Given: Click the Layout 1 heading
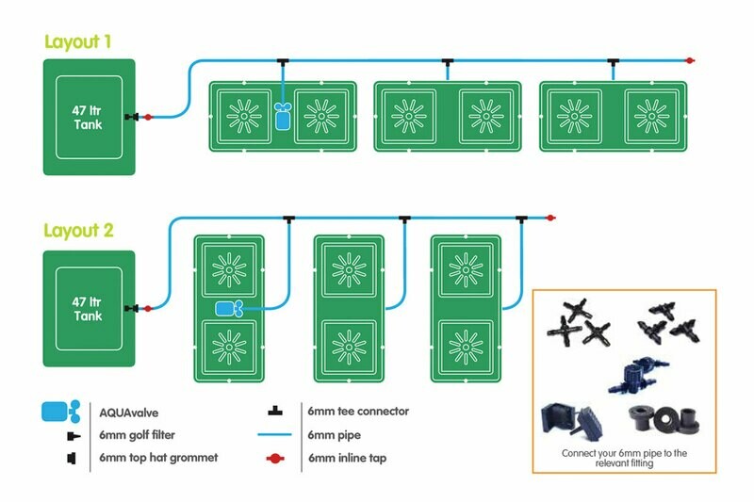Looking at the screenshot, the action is click(78, 41).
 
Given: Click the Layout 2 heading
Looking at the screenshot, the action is click(79, 231).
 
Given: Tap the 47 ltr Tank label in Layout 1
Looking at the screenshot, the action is click(87, 118).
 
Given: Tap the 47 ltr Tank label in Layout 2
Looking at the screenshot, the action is click(87, 309).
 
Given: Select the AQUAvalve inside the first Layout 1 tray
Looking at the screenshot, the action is click(283, 116).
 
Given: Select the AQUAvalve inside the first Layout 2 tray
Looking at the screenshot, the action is click(229, 309).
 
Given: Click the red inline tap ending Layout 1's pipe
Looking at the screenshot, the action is click(690, 60).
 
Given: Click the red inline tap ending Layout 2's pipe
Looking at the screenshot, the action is click(550, 219).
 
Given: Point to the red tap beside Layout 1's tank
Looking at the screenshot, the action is click(148, 117).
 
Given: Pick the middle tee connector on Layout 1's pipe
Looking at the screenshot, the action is click(448, 62).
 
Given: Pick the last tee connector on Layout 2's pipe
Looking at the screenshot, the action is click(521, 219).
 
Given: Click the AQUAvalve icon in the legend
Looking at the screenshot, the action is click(61, 412).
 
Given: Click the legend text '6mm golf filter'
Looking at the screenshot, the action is click(137, 435).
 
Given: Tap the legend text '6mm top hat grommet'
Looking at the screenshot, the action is click(158, 458).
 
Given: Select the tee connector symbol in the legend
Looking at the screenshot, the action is click(275, 412).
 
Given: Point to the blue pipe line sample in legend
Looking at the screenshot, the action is click(274, 435).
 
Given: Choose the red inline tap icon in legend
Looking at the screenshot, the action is click(275, 459).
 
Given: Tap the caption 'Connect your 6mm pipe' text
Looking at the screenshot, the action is click(624, 453).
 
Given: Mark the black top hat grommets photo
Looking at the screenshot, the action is click(664, 418).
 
